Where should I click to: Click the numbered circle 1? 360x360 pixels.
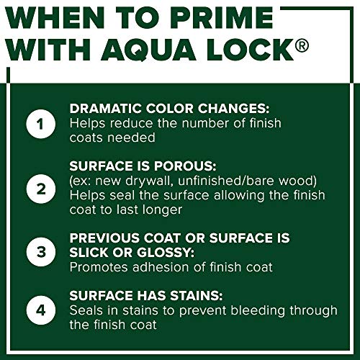pyautogui.click(x=41, y=124)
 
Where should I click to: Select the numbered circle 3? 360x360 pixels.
pyautogui.click(x=41, y=252)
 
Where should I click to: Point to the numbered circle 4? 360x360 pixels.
pyautogui.click(x=41, y=310)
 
